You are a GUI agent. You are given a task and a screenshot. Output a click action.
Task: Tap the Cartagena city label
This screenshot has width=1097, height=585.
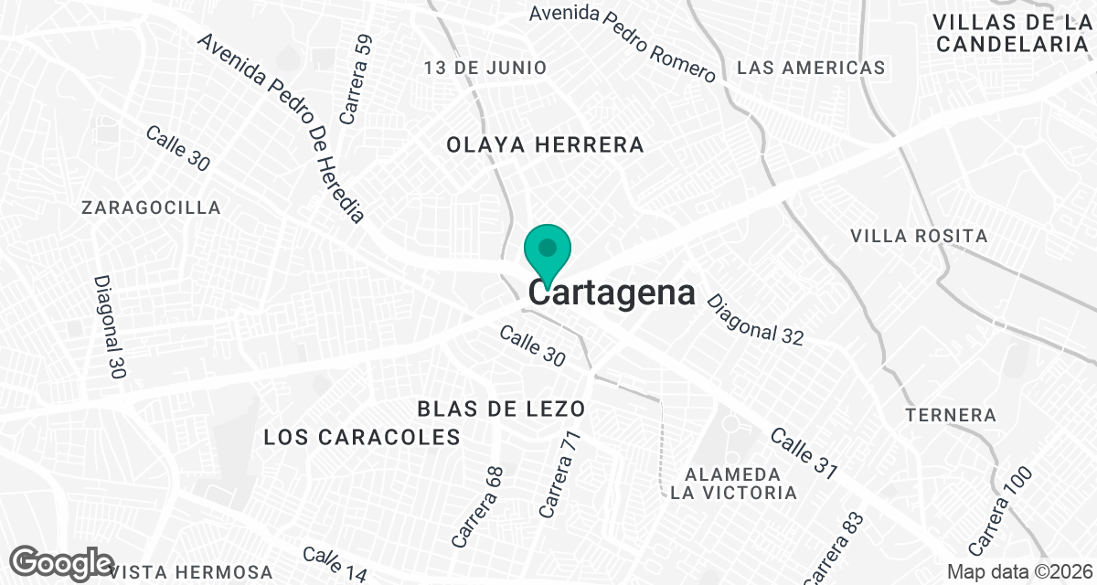[612, 293]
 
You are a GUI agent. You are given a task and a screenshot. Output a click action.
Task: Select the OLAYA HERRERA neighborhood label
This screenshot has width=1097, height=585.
[545, 144]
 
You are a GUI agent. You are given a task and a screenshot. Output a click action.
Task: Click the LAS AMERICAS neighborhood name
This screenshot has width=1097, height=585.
[811, 68]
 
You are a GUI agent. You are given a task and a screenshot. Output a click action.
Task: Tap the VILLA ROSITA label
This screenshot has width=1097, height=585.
[919, 236]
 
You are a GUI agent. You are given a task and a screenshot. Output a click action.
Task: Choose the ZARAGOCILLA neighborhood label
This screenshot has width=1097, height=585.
[151, 207]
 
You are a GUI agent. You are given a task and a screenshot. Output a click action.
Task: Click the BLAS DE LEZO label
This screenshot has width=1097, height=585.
[501, 408]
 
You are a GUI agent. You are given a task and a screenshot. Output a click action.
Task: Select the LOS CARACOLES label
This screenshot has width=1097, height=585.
[361, 437]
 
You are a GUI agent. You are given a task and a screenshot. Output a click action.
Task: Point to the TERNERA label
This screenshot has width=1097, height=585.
[951, 415]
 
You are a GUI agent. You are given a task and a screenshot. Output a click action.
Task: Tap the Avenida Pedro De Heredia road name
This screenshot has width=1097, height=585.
[281, 128]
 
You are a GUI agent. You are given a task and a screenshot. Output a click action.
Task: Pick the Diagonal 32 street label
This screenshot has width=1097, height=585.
[754, 320]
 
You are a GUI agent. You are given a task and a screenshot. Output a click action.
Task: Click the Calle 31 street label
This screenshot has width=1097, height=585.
[804, 453]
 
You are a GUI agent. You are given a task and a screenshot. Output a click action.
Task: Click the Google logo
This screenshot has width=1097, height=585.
[62, 563]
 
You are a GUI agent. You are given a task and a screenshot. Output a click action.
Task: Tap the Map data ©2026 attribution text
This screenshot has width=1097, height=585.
[1018, 571]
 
